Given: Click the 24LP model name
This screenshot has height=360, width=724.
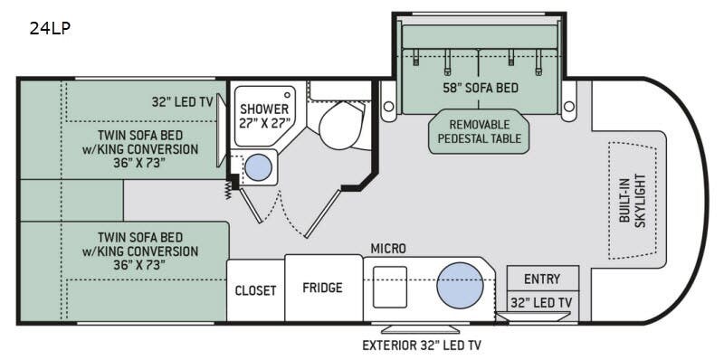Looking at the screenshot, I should pyautogui.click(x=50, y=28).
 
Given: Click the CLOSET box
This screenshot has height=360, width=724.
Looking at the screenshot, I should pyautogui.click(x=255, y=290).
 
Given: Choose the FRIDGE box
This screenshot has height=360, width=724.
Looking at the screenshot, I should pyautogui.click(x=323, y=288).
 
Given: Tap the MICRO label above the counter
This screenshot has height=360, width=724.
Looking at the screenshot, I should pyautogui.click(x=387, y=248).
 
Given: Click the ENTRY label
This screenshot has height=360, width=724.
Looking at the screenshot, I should pyautogui.click(x=542, y=279).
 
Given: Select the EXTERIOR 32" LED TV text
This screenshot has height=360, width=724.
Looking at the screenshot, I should pyautogui.click(x=420, y=345).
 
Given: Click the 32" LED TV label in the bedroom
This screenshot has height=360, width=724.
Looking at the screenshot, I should pyautogui.click(x=182, y=102).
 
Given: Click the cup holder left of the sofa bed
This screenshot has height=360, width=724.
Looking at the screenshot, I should pyautogui.click(x=389, y=107).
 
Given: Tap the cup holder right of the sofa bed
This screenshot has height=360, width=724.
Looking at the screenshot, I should pyautogui.click(x=569, y=107).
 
